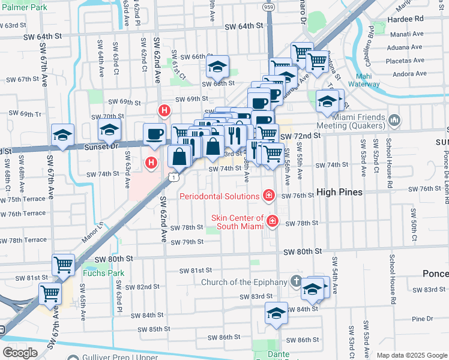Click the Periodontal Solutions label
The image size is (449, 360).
pos(220,196)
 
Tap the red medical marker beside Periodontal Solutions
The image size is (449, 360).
pos(269,195)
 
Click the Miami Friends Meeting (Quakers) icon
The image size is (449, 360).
pos(394,121)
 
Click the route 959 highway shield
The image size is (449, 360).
pos(268,7)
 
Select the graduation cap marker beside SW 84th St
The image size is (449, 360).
pos(276,314)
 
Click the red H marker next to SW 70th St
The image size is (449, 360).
pos(164,110)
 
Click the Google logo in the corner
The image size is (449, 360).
pos(20,353)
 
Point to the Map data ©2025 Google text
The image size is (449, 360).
pos(411,355)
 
